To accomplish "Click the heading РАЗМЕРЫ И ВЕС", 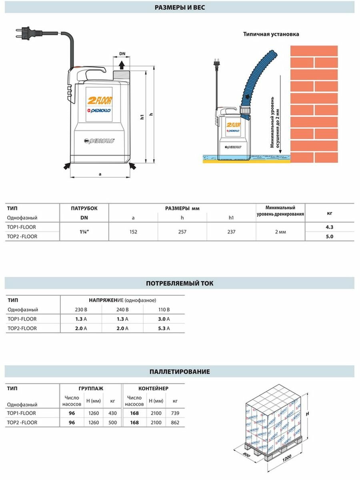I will pyautogui.click(x=180, y=8).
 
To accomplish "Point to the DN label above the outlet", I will pyautogui.click(x=122, y=53).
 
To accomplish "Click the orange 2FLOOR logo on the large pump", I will pyautogui.click(x=99, y=100).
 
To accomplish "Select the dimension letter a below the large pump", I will pyautogui.click(x=100, y=174).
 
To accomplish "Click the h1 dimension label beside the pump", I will pyautogui.click(x=142, y=117).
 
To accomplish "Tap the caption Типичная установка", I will pyautogui.click(x=271, y=34).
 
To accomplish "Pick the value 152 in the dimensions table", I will pyautogui.click(x=133, y=232).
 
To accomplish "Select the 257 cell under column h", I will pyautogui.click(x=182, y=232).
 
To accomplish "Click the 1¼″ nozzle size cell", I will pyautogui.click(x=84, y=232).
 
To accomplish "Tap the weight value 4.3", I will pyautogui.click(x=330, y=227).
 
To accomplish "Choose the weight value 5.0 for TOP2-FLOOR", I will pyautogui.click(x=330, y=236).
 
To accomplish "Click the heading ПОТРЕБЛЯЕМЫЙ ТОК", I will pyautogui.click(x=180, y=283).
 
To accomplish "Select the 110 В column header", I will pyautogui.click(x=164, y=309).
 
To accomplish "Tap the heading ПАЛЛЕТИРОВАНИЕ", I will pyautogui.click(x=180, y=372).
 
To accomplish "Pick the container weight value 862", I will pyautogui.click(x=174, y=422).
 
